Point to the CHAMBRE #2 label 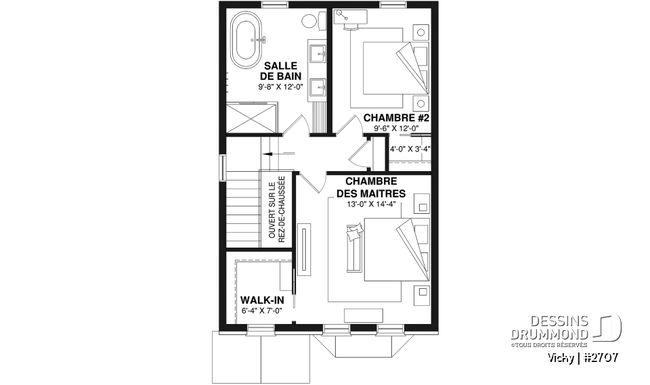point(397,118)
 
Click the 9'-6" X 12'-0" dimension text point(397,129)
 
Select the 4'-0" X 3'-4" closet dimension point(410,148)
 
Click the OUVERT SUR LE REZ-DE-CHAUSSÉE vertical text point(276,210)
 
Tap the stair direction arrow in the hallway point(269,154)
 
